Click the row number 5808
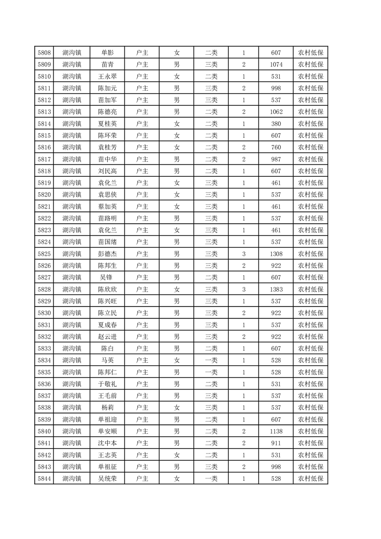click(44, 53)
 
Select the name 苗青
click(108, 64)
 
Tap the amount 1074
click(276, 64)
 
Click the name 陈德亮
click(108, 112)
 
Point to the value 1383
click(276, 289)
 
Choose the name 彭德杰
click(108, 254)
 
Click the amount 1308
click(276, 254)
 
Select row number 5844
click(44, 478)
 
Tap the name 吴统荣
click(108, 478)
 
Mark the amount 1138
click(276, 431)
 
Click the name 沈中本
click(108, 443)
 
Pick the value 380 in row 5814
click(276, 123)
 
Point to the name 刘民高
click(108, 171)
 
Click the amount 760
click(276, 147)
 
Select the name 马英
click(108, 360)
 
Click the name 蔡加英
click(108, 207)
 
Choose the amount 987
click(276, 159)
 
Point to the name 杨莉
click(108, 407)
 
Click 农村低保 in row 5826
click(310, 266)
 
